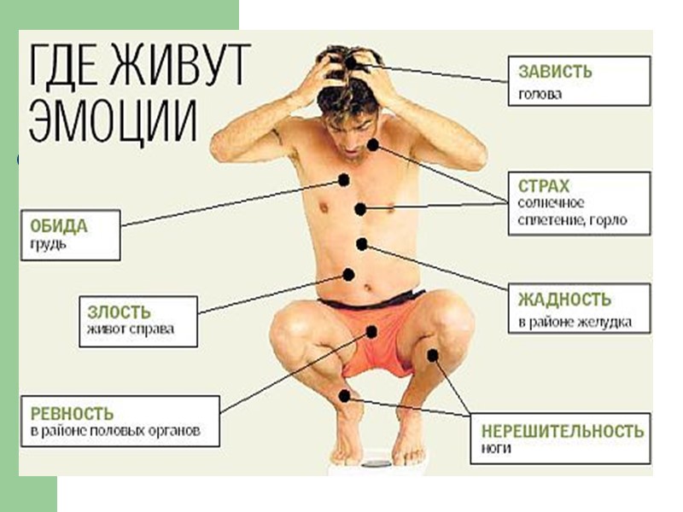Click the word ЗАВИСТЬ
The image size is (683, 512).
point(555,73)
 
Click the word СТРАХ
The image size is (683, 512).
point(544,185)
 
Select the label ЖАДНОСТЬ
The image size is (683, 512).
point(564,300)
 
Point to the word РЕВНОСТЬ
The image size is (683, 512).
point(72,414)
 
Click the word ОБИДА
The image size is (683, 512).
point(59,226)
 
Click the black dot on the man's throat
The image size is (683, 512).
point(373,145)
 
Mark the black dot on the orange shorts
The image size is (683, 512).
point(372,330)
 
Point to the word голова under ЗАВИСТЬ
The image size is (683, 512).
point(540,94)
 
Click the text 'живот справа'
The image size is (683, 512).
point(130,329)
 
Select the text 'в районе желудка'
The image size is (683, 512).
point(574,323)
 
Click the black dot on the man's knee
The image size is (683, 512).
point(434,355)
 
